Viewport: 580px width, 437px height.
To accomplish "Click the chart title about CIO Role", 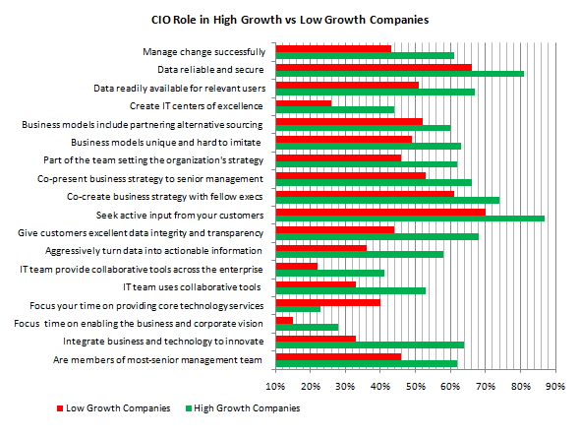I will pos(290,19).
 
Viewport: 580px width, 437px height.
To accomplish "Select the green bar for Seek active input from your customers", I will pos(410,218).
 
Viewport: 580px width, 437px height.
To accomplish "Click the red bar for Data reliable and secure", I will pos(374,67).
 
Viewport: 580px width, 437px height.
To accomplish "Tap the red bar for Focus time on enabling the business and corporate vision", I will pos(284,321).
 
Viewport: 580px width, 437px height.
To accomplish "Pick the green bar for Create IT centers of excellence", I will pos(335,109).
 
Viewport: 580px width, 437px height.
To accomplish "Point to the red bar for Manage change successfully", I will pos(333,48).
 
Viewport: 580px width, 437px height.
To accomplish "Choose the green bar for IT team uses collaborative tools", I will pos(351,290).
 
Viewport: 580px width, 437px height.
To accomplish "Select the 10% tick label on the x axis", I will pos(276,385).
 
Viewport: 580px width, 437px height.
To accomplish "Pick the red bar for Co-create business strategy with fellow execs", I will pos(365,194).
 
